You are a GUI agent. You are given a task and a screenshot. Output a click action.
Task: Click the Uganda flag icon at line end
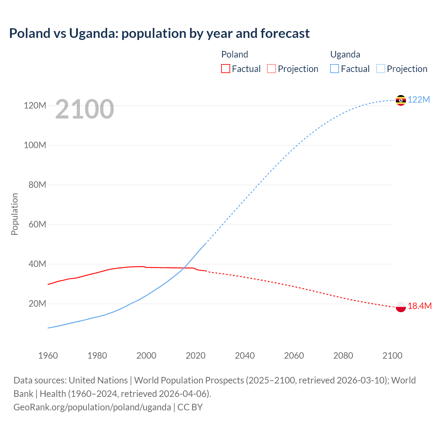[x=401, y=100]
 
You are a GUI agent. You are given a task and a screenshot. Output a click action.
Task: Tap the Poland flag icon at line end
[x=401, y=306]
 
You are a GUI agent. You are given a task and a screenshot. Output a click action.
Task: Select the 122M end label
[x=419, y=100]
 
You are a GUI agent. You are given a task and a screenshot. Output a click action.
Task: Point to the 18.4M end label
[x=419, y=306]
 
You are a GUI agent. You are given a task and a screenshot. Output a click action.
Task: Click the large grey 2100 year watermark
[x=84, y=109]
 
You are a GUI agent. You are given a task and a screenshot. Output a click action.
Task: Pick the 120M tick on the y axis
[x=35, y=105]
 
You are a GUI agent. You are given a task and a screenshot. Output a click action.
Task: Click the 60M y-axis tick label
[x=37, y=224]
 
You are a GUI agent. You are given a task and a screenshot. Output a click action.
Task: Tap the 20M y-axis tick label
[x=37, y=304]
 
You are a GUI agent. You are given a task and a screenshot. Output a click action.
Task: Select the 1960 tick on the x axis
[x=48, y=356]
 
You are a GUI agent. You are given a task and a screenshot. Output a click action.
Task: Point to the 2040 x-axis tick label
[x=245, y=356]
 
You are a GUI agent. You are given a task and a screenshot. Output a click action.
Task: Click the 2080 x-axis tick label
[x=343, y=356]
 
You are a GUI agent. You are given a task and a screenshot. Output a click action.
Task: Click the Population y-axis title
[x=14, y=214]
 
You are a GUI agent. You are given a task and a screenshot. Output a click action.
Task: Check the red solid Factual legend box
[x=225, y=69]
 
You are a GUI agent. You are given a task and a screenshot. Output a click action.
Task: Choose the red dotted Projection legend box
[x=271, y=69]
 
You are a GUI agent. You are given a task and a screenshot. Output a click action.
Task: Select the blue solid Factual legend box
[x=335, y=69]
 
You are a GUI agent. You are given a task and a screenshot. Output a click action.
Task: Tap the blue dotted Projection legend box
[x=380, y=69]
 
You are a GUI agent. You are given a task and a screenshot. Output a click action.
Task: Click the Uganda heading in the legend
[x=345, y=54]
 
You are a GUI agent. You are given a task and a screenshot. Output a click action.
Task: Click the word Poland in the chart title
[x=30, y=33]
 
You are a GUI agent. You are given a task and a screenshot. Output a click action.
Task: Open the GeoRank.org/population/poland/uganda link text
[x=92, y=407]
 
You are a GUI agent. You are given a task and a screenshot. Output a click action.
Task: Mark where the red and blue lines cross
[x=184, y=268]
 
